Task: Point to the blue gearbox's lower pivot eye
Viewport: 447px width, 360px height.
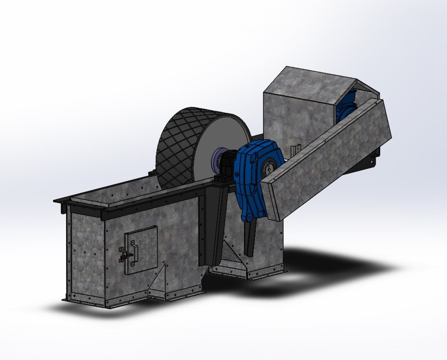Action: tap(248, 217)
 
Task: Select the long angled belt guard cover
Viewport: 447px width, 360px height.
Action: tap(327, 160)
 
